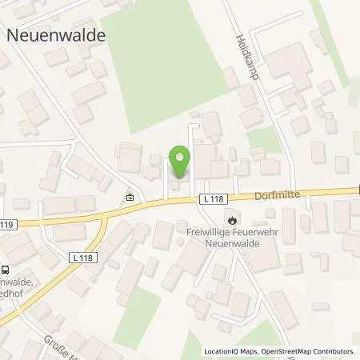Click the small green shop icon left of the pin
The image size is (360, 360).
[130, 197]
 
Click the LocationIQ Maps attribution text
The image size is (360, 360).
[230, 351]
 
